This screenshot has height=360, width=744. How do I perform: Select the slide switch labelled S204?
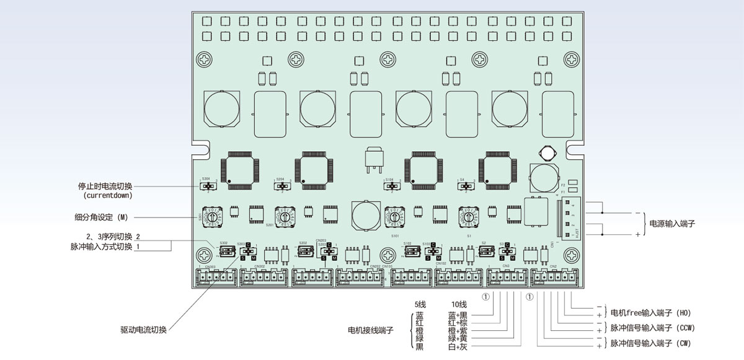tap(283, 185)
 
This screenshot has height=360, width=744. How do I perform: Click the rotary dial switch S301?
tap(212, 218)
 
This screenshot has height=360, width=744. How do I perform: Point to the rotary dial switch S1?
tap(469, 218)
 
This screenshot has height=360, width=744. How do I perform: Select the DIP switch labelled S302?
tap(226, 251)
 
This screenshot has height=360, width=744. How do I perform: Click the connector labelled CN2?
tap(553, 278)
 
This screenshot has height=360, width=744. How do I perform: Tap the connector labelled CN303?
tap(216, 278)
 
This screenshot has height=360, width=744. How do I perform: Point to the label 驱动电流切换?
tap(143, 330)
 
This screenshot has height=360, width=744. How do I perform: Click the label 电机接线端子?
tap(371, 330)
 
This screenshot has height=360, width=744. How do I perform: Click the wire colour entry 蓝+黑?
tap(460, 315)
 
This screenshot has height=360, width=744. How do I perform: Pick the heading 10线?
tap(459, 304)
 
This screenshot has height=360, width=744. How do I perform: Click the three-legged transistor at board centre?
tap(372, 160)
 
